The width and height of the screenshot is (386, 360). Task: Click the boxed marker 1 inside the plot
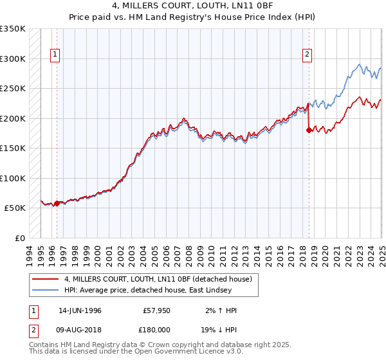coord(56,55)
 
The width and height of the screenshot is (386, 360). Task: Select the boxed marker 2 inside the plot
coord(308,55)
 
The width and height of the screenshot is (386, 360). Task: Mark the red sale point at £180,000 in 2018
coord(309,130)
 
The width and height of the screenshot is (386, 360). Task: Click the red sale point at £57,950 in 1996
coord(57,204)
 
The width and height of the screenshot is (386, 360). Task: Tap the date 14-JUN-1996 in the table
coord(80,310)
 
